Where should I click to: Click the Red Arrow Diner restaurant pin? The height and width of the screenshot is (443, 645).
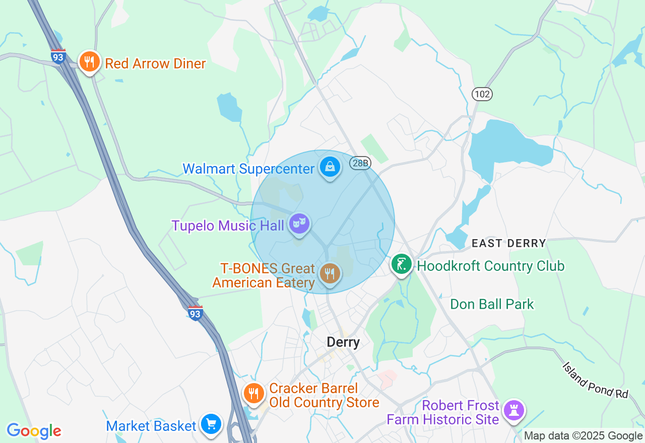coord(89,62)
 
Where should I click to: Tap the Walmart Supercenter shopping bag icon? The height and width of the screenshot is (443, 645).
coord(330,167)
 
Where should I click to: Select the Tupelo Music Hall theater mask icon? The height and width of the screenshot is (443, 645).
coord(299,224)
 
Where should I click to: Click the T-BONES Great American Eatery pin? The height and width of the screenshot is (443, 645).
coord(330,274)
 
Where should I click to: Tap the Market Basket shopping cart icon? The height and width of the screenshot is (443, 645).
coord(211,424)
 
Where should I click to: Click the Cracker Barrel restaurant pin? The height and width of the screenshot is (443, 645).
coord(253,394)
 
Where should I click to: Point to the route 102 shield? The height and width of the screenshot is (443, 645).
coord(482,94)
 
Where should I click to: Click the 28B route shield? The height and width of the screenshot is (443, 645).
coord(361,163)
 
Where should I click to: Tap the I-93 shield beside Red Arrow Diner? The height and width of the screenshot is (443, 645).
coord(58,56)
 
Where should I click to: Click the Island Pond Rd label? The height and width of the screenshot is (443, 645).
coord(596,381)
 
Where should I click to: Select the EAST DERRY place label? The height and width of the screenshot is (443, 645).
coord(508,243)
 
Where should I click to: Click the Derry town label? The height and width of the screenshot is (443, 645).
coord(343,342)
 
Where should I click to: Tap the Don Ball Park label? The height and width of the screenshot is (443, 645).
coord(492,304)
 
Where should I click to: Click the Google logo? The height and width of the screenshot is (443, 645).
coord(34,430)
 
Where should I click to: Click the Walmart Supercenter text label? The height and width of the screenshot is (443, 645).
coord(248,169)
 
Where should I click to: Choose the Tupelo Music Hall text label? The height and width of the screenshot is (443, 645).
coord(228,226)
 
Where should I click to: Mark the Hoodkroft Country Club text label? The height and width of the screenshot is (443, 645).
coord(491,266)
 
